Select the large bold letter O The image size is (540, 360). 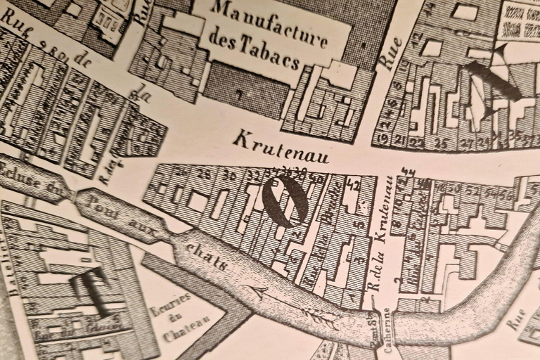[285, 201]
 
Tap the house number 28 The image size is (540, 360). [204, 173]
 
